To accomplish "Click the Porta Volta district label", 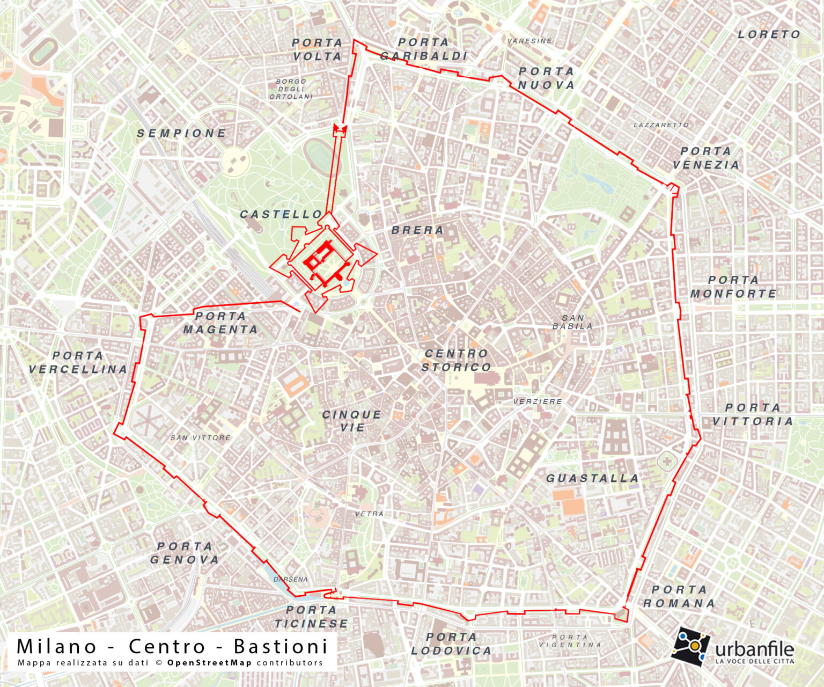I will point(317,49).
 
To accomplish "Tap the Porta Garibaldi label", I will point(424,49).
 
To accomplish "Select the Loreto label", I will point(769,34).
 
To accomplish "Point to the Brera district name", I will point(417,230).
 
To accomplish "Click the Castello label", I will point(281,215).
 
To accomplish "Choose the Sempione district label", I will point(181,133).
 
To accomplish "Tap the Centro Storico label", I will point(457,361).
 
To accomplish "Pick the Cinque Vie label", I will point(352,421).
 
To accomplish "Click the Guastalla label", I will point(592,478).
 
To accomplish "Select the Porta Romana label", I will point(679,596).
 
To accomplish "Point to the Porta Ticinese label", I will point(311,617).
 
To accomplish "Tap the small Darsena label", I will point(291,579).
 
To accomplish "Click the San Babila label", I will point(572,322).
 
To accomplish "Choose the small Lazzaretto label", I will point(661,125).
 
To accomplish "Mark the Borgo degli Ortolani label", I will point(291,89).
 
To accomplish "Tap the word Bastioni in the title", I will point(280,646).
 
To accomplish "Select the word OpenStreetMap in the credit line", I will point(209,663).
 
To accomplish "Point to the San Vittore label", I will point(200,438).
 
